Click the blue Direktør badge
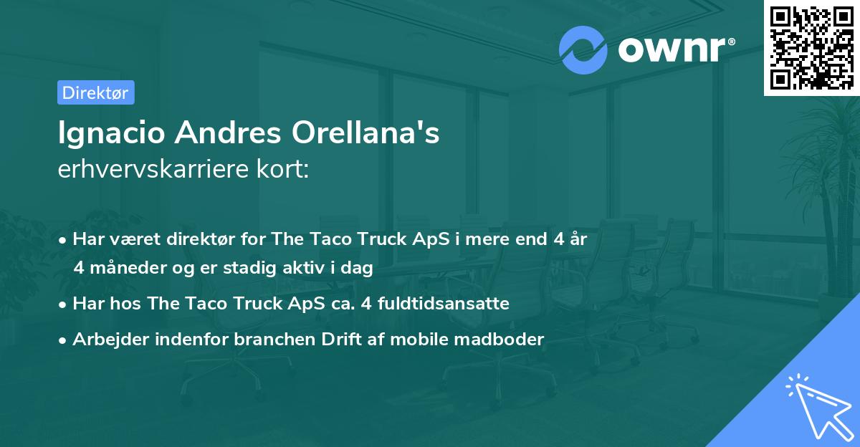point(96,92)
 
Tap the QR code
point(811,48)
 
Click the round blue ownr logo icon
point(583,50)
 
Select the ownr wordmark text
point(672,49)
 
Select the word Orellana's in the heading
point(365,133)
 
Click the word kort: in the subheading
point(282,169)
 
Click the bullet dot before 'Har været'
point(62,241)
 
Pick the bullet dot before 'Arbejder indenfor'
point(62,341)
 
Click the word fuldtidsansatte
point(444,303)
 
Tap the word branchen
point(274,339)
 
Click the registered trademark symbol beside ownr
point(732,42)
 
